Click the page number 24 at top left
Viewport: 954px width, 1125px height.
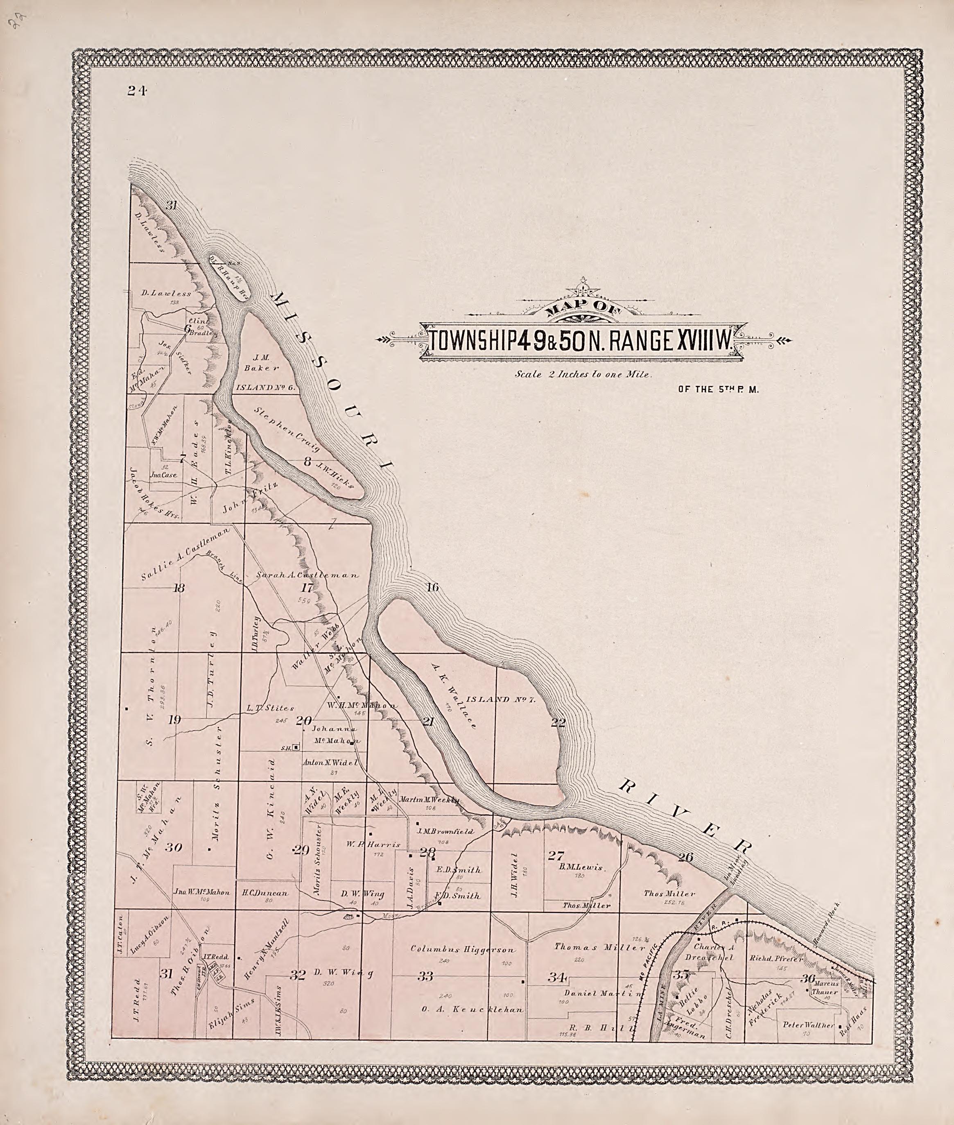[x=137, y=91]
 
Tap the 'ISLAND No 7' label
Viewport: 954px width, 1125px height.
[x=500, y=699]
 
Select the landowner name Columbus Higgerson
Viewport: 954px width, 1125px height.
[x=463, y=949]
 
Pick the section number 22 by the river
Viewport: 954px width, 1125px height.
[x=558, y=722]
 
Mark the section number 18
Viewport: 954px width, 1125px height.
[x=179, y=588]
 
